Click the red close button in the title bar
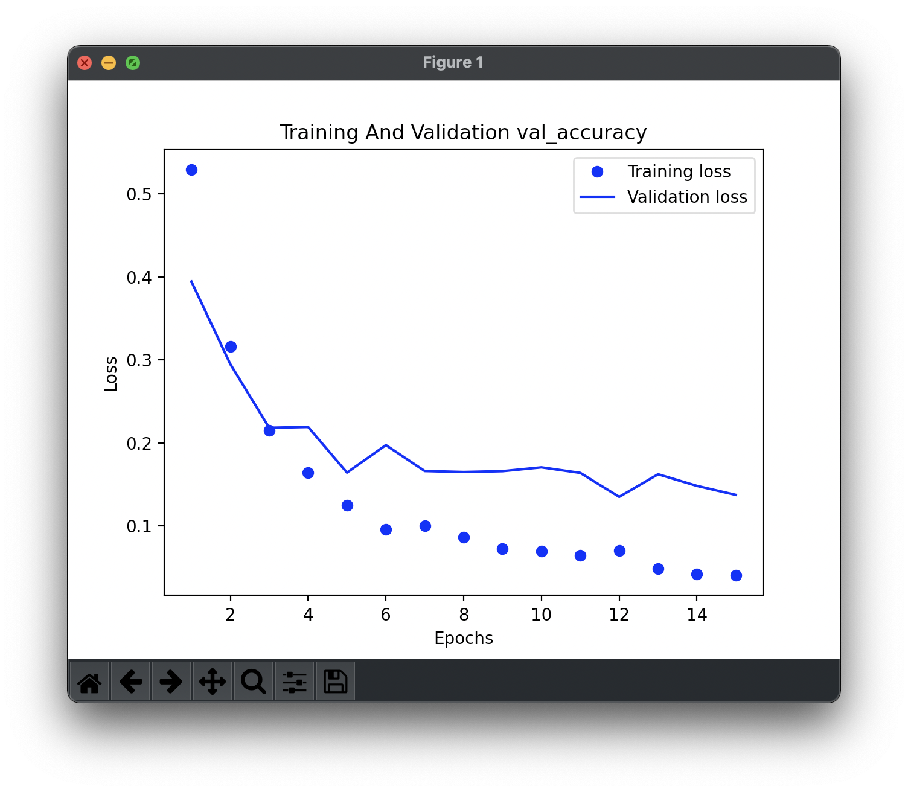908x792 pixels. (x=85, y=63)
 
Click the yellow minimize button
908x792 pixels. (x=109, y=63)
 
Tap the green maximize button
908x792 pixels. (x=133, y=63)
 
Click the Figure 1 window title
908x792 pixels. (x=453, y=63)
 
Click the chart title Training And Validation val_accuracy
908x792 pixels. (x=463, y=132)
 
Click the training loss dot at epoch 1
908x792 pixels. (x=191, y=170)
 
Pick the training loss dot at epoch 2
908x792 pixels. (x=231, y=346)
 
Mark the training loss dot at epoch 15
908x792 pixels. (x=736, y=575)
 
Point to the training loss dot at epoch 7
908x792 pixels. (x=425, y=526)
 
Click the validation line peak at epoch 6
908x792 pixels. (x=386, y=445)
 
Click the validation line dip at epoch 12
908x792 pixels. (x=619, y=496)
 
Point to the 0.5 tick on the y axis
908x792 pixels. (x=139, y=194)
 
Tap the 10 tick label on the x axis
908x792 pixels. (x=541, y=615)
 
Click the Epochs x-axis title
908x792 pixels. (x=464, y=638)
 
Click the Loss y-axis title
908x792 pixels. (x=110, y=374)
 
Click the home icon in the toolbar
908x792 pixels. (x=89, y=682)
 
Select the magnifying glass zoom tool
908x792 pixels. (x=254, y=682)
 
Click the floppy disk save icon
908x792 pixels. (x=336, y=682)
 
